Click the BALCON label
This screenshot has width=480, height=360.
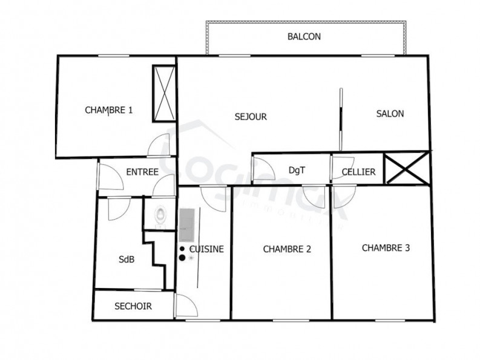coord(304,36)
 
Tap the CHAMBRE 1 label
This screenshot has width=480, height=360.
coord(109,110)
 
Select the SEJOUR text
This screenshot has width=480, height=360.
coord(251,117)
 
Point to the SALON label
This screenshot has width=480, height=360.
coord(390,114)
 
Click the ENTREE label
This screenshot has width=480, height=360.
coord(142,172)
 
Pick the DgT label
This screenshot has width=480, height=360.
coord(297,171)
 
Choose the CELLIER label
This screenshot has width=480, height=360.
coord(358,172)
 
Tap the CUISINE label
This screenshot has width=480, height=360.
coord(206,249)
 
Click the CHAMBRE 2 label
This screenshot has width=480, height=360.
coord(287,248)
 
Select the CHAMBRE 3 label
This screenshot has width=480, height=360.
coord(386,247)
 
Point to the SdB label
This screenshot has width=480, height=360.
coord(127,260)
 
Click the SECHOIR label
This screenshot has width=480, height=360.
coord(133,307)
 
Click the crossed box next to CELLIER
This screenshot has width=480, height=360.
coord(407,168)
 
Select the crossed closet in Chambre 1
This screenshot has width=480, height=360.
coord(164,93)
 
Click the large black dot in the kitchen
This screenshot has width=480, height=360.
coord(182,258)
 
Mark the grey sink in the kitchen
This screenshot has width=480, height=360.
coord(187,223)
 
